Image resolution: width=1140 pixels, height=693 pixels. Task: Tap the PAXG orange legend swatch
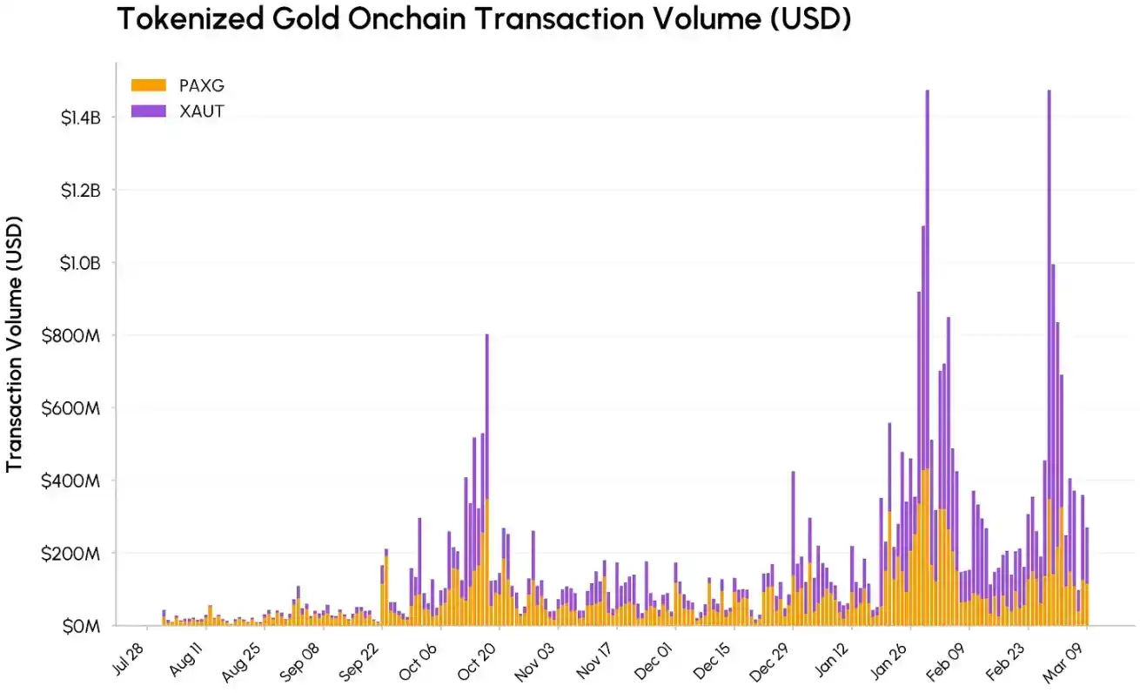(x=148, y=84)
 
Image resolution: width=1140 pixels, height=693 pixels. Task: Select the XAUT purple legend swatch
(x=148, y=111)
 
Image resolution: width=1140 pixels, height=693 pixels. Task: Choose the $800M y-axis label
(x=78, y=335)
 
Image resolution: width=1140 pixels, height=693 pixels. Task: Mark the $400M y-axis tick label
(x=78, y=481)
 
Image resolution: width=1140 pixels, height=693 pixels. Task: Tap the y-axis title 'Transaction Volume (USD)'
(x=14, y=344)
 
